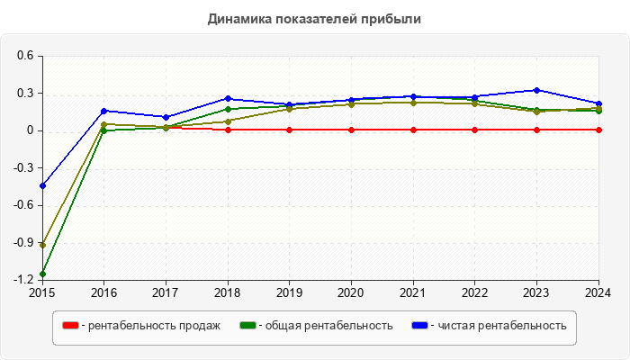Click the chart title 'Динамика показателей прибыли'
tap(314, 18)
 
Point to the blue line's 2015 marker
tap(42, 185)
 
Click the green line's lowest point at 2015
tap(42, 274)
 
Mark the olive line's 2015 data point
tap(42, 245)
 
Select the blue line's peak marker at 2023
tap(537, 90)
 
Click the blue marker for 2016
tap(104, 111)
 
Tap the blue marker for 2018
tap(228, 99)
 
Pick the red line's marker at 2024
tap(599, 130)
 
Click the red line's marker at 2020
tap(352, 130)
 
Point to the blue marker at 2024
tap(599, 103)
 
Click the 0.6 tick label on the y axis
tap(24, 56)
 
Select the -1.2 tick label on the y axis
tap(22, 280)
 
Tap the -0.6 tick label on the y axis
tap(22, 205)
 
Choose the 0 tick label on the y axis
tap(30, 130)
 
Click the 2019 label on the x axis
tap(290, 292)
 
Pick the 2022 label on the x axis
tap(475, 292)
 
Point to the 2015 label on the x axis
tap(42, 292)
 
